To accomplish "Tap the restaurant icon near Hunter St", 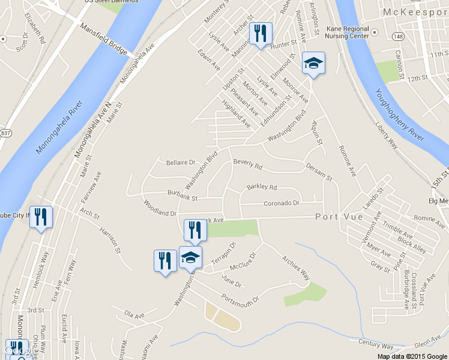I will (261, 34).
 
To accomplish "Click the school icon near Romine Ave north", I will (313, 64).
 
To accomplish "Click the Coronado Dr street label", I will (281, 203).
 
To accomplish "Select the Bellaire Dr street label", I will (180, 162).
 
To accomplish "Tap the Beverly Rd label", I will (248, 163).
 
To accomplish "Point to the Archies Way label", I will (297, 268).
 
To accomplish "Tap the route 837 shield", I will (5, 133).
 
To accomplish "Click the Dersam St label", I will (319, 172).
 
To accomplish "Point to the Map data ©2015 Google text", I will (412, 356).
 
